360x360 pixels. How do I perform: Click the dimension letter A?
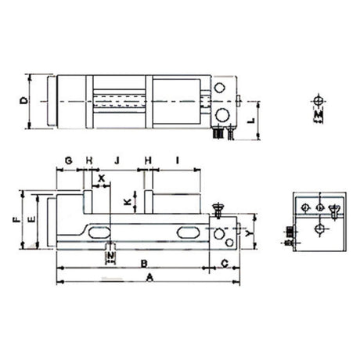[146, 278]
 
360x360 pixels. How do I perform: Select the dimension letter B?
[144, 263]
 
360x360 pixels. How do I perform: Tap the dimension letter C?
[225, 263]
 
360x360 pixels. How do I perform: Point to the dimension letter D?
[25, 101]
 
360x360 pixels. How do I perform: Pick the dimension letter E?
[32, 221]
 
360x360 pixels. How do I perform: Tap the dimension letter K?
[127, 202]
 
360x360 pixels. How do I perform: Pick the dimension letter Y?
[247, 233]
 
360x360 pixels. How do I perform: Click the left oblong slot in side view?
[98, 233]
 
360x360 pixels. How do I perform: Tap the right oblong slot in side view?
[189, 233]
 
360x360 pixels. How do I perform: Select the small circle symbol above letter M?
[317, 103]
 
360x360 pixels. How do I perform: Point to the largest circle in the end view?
[319, 229]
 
